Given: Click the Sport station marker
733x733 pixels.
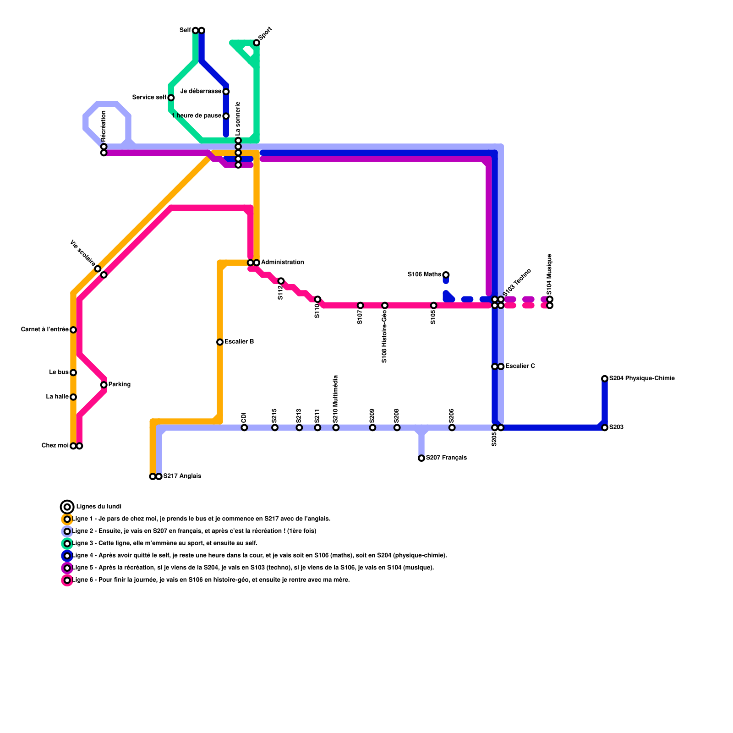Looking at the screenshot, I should pyautogui.click(x=257, y=43).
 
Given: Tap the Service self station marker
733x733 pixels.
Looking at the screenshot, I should pyautogui.click(x=171, y=98).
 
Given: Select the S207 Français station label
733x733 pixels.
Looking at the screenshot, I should pyautogui.click(x=446, y=458).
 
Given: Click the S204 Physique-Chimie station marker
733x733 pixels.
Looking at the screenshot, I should pyautogui.click(x=605, y=378).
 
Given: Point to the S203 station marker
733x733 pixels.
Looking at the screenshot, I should pyautogui.click(x=605, y=427).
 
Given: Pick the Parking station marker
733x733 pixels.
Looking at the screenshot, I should pyautogui.click(x=104, y=385).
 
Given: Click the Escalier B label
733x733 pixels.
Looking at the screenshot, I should pyautogui.click(x=239, y=342).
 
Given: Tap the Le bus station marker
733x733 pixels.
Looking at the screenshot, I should pyautogui.click(x=73, y=372).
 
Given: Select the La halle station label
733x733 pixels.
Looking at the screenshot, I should pyautogui.click(x=57, y=397).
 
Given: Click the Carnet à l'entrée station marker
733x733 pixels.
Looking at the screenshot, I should pyautogui.click(x=73, y=330).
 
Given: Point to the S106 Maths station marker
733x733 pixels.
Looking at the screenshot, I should pyautogui.click(x=446, y=275).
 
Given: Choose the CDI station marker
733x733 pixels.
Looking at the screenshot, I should pyautogui.click(x=244, y=427).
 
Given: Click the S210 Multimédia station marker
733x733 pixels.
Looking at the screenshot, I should pyautogui.click(x=336, y=427).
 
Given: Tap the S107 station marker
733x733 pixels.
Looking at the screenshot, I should pyautogui.click(x=361, y=306).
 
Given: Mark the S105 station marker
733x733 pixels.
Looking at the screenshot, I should pyautogui.click(x=434, y=306).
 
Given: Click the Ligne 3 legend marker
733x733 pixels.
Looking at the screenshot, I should pyautogui.click(x=67, y=544).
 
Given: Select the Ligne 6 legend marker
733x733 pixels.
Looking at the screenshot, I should pyautogui.click(x=67, y=580).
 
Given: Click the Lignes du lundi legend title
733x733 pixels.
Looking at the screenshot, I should pyautogui.click(x=98, y=507).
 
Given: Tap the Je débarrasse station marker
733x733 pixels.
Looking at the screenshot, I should pyautogui.click(x=226, y=92).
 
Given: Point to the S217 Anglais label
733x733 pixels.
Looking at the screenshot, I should pyautogui.click(x=182, y=476).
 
